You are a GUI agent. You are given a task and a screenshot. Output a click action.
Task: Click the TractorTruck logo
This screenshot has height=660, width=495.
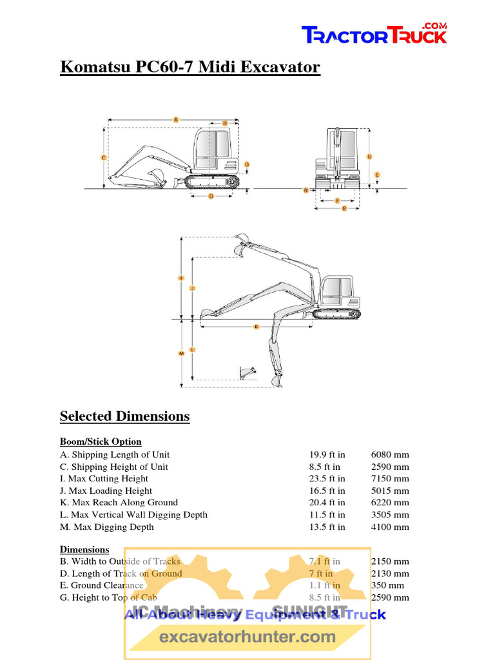pos(374,34)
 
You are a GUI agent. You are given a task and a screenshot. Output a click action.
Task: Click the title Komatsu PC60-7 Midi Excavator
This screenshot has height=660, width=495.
pos(190,67)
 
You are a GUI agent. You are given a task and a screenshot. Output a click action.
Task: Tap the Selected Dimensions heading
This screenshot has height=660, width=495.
pos(124,416)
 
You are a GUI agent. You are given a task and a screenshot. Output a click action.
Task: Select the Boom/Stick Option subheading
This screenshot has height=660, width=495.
pos(101,442)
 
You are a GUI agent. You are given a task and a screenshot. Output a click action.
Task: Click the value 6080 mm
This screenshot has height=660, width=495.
pos(390,454)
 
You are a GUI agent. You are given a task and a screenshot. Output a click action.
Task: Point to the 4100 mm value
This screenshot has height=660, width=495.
pos(390,527)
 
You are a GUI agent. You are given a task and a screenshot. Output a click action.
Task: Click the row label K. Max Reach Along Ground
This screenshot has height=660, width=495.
pos(119,502)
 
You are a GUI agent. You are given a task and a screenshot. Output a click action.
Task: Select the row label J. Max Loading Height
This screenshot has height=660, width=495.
pos(106,490)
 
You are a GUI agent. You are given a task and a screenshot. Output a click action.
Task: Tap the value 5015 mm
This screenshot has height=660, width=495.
pos(390,490)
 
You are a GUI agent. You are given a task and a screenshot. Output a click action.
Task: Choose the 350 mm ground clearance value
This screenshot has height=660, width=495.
pos(387,585)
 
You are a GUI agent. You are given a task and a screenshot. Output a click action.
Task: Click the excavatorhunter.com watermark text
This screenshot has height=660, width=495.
pos(247,637)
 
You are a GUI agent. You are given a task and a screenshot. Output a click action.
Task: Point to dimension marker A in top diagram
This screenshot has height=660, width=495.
pos(175,119)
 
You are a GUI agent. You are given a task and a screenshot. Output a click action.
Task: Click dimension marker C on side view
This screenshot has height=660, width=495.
pos(104,157)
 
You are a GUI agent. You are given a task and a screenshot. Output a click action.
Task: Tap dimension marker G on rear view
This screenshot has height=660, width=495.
pos(369,157)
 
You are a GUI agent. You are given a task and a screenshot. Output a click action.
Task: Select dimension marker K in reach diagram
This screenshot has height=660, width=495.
pos(256,327)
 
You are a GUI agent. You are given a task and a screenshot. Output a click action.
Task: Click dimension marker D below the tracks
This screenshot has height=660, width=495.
pos(211,197)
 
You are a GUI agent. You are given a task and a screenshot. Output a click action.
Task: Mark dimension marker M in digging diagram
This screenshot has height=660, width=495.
pos(182,353)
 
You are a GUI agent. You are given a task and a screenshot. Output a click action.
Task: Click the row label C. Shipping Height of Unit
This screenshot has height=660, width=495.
pos(114,467)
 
